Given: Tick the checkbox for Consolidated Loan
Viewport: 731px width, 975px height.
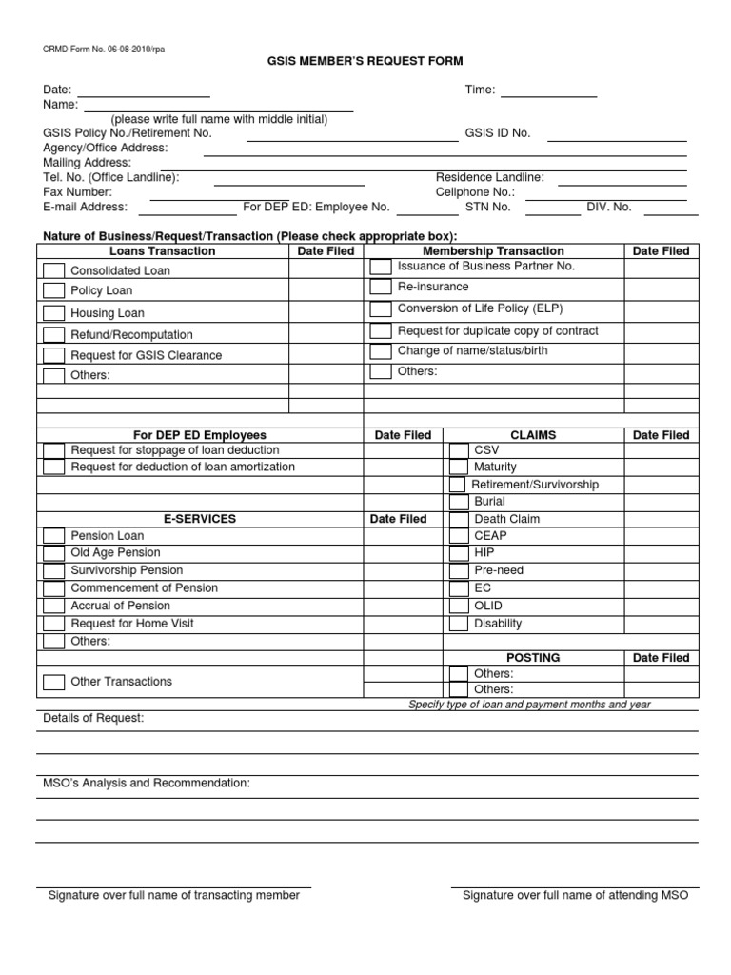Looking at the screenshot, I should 54,270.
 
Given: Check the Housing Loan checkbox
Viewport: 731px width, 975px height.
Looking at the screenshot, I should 54,313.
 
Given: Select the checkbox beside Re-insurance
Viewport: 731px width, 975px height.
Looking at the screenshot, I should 381,287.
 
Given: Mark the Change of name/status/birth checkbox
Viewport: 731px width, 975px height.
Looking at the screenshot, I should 381,351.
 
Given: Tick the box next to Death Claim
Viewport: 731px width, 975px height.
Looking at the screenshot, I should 458,519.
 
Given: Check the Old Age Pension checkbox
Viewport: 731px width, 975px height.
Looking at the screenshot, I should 54,553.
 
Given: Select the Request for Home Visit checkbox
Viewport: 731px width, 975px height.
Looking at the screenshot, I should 54,624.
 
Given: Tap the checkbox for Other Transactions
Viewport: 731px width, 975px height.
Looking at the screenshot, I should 54,682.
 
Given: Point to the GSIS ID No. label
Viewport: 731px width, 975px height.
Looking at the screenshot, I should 497,133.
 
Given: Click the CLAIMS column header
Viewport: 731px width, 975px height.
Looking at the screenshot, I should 533,435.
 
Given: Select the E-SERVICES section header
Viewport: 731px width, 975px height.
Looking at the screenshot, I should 200,519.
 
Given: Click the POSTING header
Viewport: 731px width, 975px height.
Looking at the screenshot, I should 533,658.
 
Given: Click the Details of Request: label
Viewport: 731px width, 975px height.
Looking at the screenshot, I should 93,718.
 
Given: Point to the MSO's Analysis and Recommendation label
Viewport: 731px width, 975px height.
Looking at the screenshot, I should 147,783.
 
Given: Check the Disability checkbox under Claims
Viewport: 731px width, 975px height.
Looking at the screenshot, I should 458,624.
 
